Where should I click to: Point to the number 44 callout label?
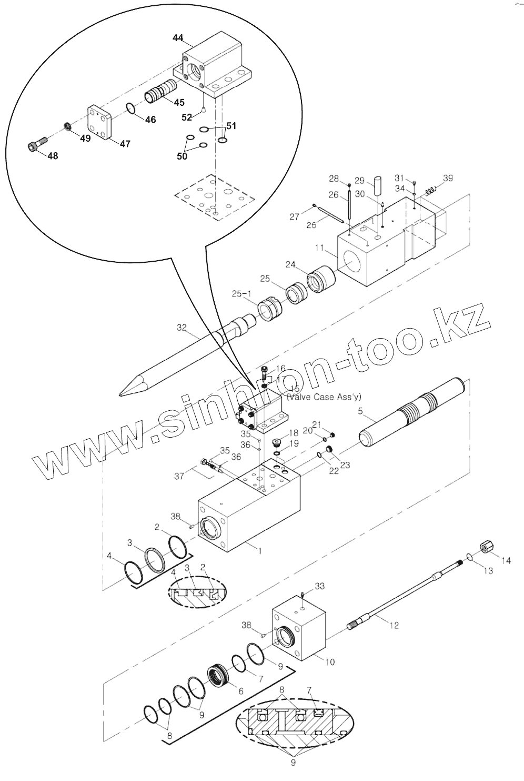point(178,38)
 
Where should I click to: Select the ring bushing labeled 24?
point(321,279)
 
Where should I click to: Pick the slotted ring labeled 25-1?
point(269,310)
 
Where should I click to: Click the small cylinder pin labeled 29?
point(377,186)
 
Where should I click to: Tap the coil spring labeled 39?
point(430,189)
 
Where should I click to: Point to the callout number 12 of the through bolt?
point(394,625)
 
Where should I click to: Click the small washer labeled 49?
point(67,126)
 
